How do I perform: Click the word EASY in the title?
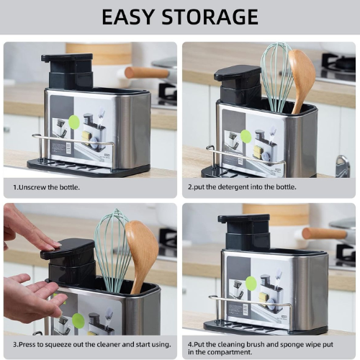tap(127, 17)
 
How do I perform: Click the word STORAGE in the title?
tap(210, 17)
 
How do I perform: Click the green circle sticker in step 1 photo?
tap(74, 122)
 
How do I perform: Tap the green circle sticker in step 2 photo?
tap(246, 136)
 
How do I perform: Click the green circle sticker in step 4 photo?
tap(251, 283)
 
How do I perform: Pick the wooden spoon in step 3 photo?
tap(142, 252)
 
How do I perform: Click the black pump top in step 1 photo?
tap(67, 58)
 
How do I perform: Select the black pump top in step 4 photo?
tap(243, 218)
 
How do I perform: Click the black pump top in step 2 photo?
tap(237, 73)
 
